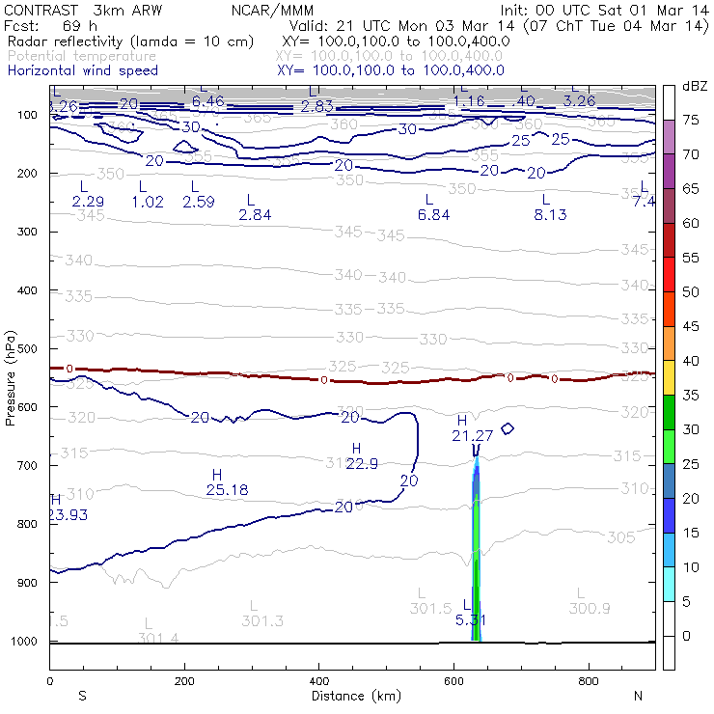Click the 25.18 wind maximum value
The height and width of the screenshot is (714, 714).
pyautogui.click(x=227, y=490)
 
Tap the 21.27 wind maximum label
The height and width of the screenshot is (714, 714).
pyautogui.click(x=472, y=436)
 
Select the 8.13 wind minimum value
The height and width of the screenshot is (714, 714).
pyautogui.click(x=550, y=214)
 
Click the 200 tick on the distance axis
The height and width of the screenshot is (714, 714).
pyautogui.click(x=184, y=681)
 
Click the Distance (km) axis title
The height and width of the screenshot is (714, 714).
pyautogui.click(x=352, y=696)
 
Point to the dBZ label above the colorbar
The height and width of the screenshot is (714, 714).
pyautogui.click(x=695, y=87)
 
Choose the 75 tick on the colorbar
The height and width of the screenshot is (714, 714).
pyautogui.click(x=691, y=121)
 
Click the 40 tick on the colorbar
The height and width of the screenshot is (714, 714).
pyautogui.click(x=691, y=361)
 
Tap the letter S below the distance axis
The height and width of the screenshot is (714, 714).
pyautogui.click(x=82, y=696)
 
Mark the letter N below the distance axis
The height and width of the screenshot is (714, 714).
pyautogui.click(x=637, y=696)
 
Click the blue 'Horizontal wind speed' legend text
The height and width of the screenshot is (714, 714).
pyautogui.click(x=82, y=70)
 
